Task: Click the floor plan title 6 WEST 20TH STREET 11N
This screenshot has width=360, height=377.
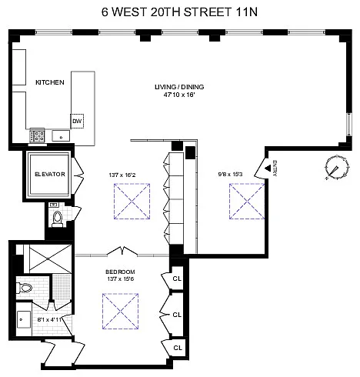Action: click(x=179, y=12)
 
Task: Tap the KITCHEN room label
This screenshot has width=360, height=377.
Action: click(x=50, y=82)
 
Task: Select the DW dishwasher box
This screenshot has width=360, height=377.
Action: click(x=77, y=121)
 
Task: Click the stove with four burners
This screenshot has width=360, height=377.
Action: click(x=38, y=135)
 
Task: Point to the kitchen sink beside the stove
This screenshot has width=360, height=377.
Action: click(x=61, y=136)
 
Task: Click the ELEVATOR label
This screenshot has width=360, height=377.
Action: click(x=50, y=174)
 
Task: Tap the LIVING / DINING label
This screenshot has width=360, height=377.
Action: click(x=179, y=87)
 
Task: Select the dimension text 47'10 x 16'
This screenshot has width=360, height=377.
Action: click(x=179, y=95)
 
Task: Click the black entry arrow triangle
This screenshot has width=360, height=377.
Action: click(x=268, y=168)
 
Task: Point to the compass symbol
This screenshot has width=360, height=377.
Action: click(x=337, y=167)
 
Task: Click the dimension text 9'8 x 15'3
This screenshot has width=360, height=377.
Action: click(x=230, y=175)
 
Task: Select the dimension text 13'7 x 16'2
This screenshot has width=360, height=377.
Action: click(x=122, y=175)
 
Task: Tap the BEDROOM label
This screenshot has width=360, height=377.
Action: click(x=120, y=272)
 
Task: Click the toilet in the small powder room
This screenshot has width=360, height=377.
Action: click(x=57, y=219)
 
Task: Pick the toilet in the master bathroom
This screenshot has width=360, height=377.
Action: click(x=25, y=288)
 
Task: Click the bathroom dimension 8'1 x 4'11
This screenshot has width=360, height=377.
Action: click(x=50, y=320)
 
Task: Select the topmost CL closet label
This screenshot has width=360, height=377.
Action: click(x=177, y=279)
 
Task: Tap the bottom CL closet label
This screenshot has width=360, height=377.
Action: click(x=178, y=348)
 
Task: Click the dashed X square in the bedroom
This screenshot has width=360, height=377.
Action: click(x=120, y=311)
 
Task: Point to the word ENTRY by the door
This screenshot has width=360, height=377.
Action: click(x=275, y=168)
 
